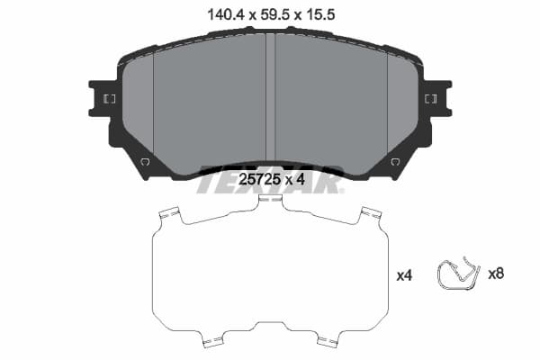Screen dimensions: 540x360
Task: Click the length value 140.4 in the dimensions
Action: pos(227,14)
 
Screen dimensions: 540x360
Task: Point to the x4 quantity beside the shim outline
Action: pos(404,275)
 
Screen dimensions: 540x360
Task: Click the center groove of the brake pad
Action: pos(271,97)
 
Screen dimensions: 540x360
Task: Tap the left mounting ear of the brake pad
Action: pos(103,98)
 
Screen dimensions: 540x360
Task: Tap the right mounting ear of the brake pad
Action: pos(437,98)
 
